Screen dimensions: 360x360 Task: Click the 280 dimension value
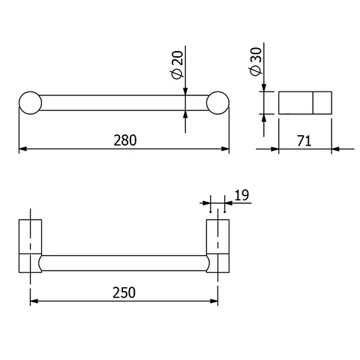coord(124,139)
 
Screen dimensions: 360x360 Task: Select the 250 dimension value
coord(124,293)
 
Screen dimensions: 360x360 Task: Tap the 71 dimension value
coord(304,139)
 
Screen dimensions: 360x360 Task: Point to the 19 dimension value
coord(241,196)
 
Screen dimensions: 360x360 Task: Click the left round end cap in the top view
coord(30,103)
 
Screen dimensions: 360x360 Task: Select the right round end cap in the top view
coord(217,103)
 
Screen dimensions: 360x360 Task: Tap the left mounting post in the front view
coord(30,245)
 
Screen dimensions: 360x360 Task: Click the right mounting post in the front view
coord(217,245)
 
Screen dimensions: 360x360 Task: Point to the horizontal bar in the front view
coord(124,262)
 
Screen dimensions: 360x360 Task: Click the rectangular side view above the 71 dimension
coord(304,103)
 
